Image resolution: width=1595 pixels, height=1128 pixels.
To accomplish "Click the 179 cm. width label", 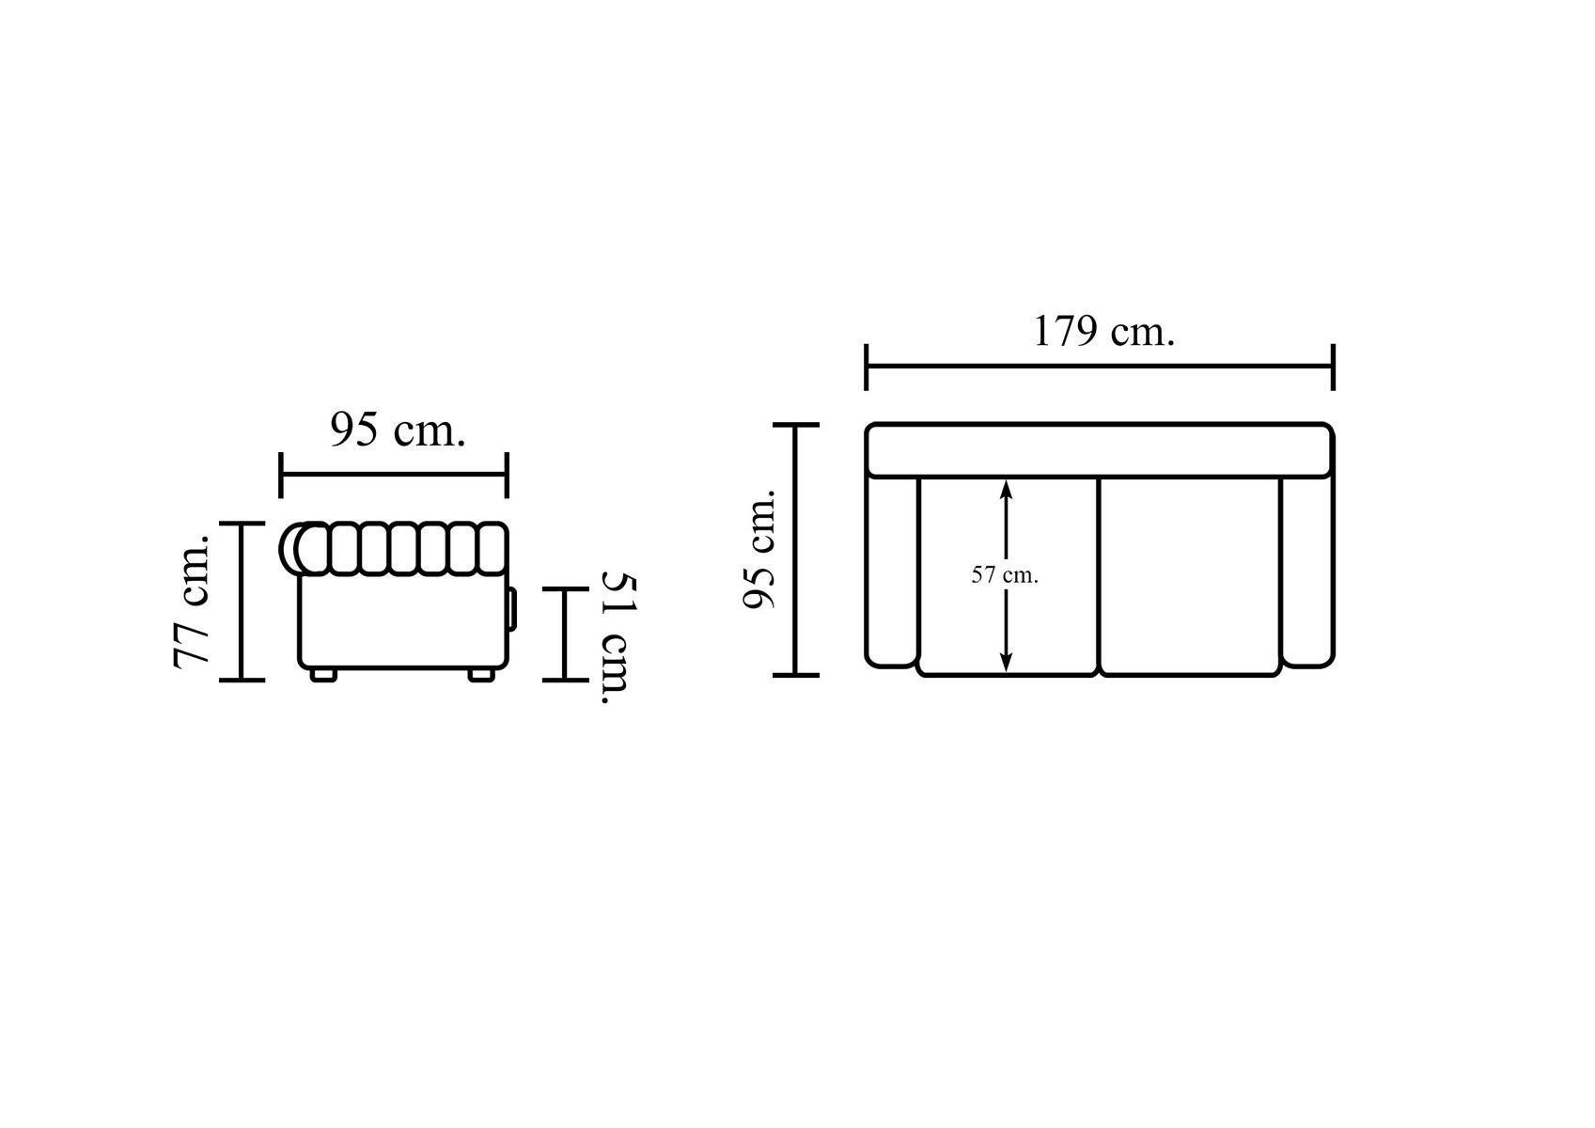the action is (1103, 332).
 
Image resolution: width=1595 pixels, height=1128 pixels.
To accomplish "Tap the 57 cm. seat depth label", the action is (1005, 574).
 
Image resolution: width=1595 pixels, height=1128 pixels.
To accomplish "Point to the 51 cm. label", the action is (617, 637).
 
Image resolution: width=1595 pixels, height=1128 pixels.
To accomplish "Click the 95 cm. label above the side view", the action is (398, 431).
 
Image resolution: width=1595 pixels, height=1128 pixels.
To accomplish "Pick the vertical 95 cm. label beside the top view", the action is (758, 549).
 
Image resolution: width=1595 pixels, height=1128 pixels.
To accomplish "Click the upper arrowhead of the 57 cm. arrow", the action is (1006, 490).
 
